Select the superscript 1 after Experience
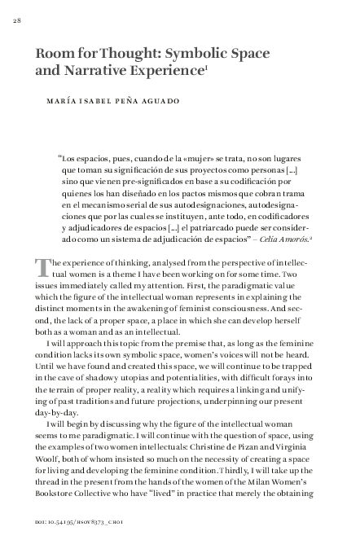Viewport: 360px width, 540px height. tap(207, 68)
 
